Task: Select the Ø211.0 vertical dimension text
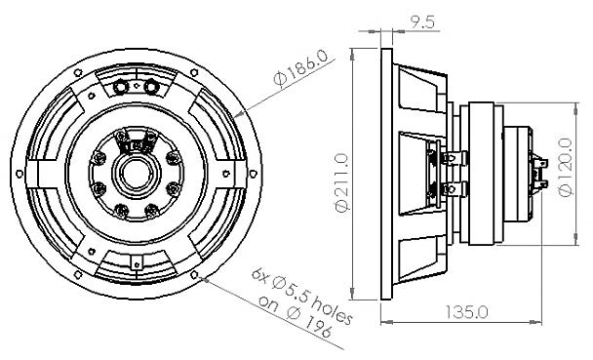pyautogui.click(x=341, y=181)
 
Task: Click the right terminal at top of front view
pyautogui.click(x=152, y=87)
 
